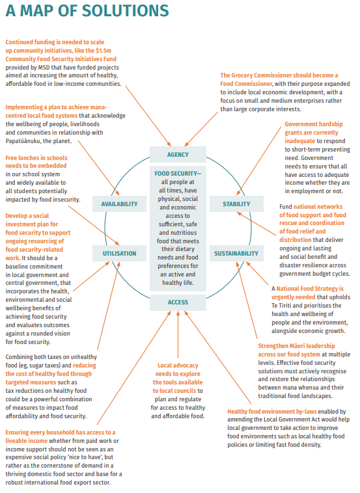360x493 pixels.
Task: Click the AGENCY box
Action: [x=178, y=155]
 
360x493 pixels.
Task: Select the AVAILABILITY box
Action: [x=119, y=204]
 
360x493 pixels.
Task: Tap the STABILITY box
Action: [x=236, y=204]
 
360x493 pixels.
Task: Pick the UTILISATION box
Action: [x=119, y=253]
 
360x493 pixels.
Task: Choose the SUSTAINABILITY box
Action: [x=236, y=253]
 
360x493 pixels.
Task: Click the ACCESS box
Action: [x=178, y=302]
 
